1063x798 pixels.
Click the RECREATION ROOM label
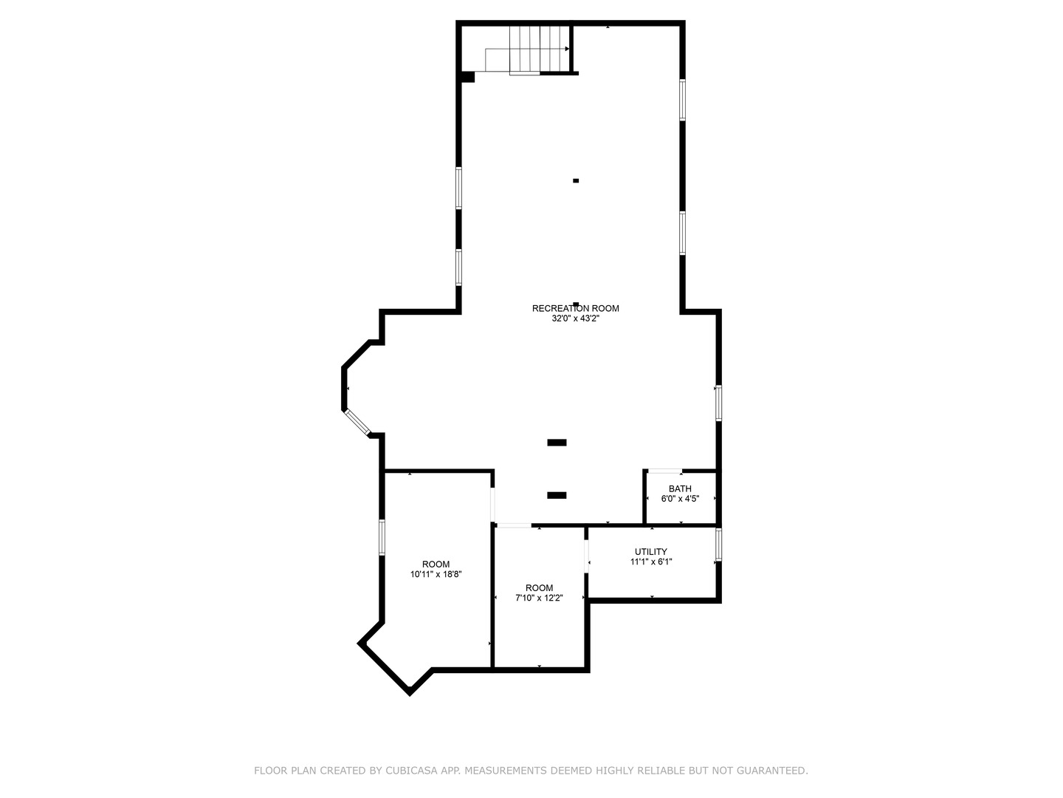pyautogui.click(x=575, y=309)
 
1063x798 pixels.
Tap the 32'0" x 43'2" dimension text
pyautogui.click(x=575, y=319)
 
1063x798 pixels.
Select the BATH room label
pyautogui.click(x=680, y=488)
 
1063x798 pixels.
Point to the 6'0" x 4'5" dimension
pyautogui.click(x=680, y=499)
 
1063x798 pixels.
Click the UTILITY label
pyautogui.click(x=650, y=552)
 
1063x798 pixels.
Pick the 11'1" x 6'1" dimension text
pyautogui.click(x=650, y=562)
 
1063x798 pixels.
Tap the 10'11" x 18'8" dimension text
pyautogui.click(x=436, y=574)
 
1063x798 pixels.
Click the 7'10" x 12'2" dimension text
pyautogui.click(x=539, y=598)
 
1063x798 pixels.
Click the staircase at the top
pyautogui.click(x=528, y=50)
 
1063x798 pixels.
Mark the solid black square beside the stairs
pyautogui.click(x=467, y=76)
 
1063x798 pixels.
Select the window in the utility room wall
pyautogui.click(x=718, y=545)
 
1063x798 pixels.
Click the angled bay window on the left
pyautogui.click(x=358, y=420)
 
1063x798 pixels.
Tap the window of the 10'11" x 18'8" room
pyautogui.click(x=382, y=537)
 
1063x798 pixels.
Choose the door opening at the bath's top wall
pyautogui.click(x=664, y=471)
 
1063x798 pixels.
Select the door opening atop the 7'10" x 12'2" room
pyautogui.click(x=513, y=525)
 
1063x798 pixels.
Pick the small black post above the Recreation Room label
pyautogui.click(x=576, y=180)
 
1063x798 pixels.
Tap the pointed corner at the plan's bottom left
pyautogui.click(x=409, y=693)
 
